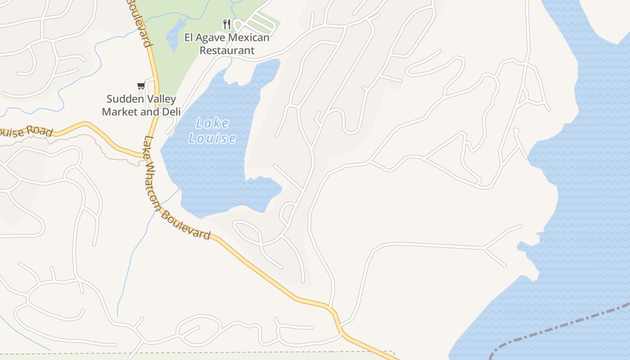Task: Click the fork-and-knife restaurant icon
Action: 227,24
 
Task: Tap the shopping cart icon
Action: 141,85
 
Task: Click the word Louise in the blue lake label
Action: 212,138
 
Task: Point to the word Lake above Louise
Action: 212,123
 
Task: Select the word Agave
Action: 211,37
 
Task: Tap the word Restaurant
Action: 227,50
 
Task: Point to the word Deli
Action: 171,112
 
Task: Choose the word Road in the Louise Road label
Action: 40,131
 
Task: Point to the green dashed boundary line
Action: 225,352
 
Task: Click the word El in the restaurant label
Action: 189,37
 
